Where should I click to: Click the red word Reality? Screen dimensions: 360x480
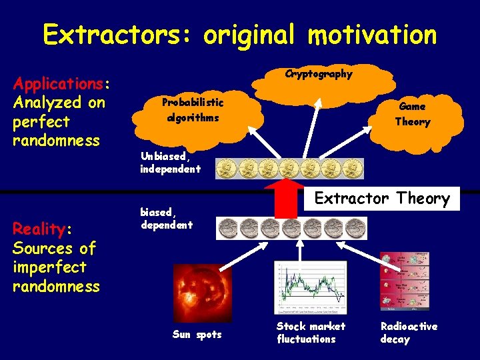coord(39,229)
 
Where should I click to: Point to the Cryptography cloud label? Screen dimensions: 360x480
coord(319,74)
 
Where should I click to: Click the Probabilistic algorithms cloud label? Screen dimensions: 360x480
coord(193,109)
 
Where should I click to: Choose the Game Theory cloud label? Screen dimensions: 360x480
coord(413,114)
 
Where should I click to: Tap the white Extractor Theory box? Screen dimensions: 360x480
coord(382,199)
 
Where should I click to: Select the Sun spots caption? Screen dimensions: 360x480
coord(197,335)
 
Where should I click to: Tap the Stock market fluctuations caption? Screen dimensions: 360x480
coord(311,333)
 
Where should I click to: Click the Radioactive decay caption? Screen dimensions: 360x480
coord(409,333)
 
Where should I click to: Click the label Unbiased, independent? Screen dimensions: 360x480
coord(170,163)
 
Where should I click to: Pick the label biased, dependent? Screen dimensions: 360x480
coord(166,219)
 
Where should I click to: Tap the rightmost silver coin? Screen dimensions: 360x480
coord(356,229)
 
